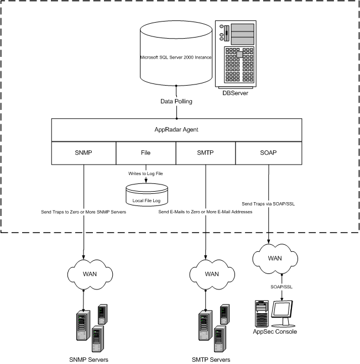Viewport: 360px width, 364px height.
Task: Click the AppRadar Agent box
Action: click(x=176, y=130)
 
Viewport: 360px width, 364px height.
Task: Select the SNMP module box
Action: click(x=84, y=152)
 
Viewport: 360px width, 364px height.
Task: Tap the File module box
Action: click(x=146, y=152)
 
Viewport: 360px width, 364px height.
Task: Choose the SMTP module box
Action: click(x=206, y=152)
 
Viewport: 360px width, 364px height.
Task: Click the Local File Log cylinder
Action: click(x=147, y=195)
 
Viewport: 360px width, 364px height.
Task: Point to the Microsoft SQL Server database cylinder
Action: click(x=175, y=55)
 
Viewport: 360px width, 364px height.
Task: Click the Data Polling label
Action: click(x=176, y=101)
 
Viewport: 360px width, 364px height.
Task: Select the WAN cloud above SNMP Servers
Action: click(x=84, y=274)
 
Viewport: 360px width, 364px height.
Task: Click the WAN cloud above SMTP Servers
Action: click(x=206, y=274)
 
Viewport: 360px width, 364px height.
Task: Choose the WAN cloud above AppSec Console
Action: click(x=268, y=257)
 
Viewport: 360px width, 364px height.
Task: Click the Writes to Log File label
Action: click(x=147, y=173)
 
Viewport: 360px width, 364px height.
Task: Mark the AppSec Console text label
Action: click(x=275, y=332)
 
